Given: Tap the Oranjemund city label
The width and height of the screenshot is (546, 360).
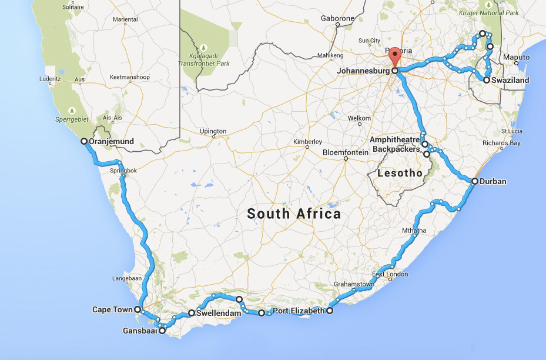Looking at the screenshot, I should point(111,141).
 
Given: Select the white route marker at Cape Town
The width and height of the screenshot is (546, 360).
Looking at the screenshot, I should point(138,309).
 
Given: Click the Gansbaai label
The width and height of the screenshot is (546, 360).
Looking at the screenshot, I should point(139,331).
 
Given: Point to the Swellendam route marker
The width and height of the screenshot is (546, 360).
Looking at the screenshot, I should point(192,313).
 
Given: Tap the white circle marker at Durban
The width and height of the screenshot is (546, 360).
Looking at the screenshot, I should point(474,181).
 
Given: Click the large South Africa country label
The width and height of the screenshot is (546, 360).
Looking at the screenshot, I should point(294,214).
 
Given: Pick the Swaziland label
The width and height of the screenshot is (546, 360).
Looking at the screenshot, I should point(511,80).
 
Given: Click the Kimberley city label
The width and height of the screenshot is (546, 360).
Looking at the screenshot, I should point(308,142).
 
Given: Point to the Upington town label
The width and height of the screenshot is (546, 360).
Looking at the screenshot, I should point(213,131).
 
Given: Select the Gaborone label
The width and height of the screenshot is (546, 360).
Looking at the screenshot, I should point(337,18).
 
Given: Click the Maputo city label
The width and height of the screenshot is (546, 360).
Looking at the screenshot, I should point(517,58).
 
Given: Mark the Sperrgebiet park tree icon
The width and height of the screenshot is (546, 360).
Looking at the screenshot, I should point(72,110).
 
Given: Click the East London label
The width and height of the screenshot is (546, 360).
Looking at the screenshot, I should point(390,274).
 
